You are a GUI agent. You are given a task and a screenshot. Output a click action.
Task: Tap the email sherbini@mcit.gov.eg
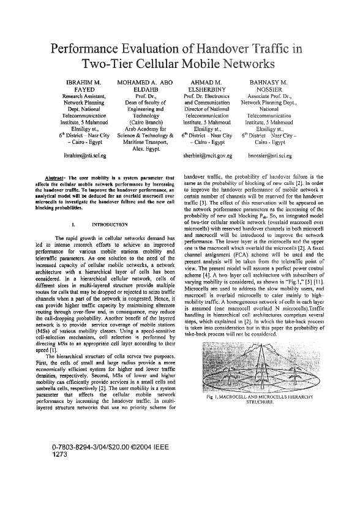pos(208,156)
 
